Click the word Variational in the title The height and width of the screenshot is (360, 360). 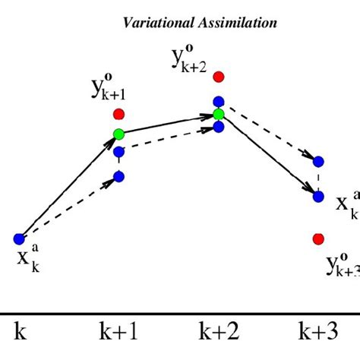point(156,23)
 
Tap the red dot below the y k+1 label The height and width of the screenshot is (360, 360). point(118,114)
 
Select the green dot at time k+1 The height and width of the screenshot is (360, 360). point(118,134)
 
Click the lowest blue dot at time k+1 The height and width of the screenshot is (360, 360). point(118,178)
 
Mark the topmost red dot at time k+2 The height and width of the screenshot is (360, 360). point(219,77)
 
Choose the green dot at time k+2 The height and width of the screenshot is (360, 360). point(219,115)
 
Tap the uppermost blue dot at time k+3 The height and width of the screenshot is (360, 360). point(318,161)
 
